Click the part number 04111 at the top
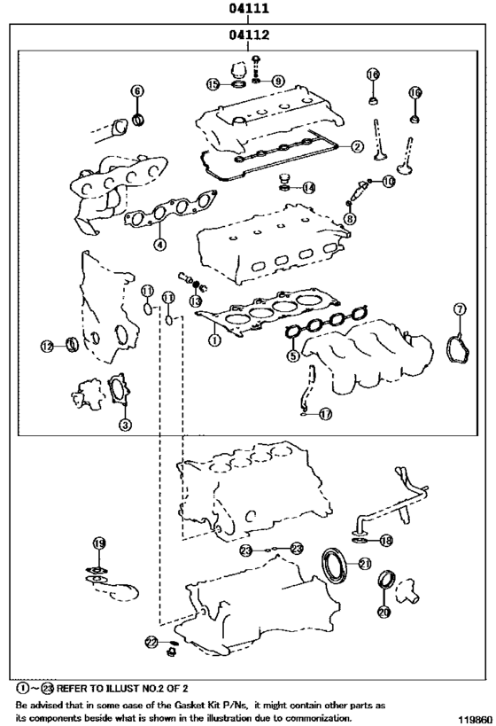[248, 10]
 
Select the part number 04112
[248, 35]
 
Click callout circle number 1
[213, 339]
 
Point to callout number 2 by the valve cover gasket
[356, 146]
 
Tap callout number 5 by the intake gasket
[293, 356]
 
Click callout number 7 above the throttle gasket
[460, 308]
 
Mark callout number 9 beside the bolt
[278, 81]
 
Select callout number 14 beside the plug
[307, 187]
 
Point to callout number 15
[213, 84]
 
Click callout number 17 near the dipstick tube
[325, 414]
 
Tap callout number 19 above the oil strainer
[99, 543]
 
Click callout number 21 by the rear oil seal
[364, 563]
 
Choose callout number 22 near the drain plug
[151, 641]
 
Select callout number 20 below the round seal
[383, 612]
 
